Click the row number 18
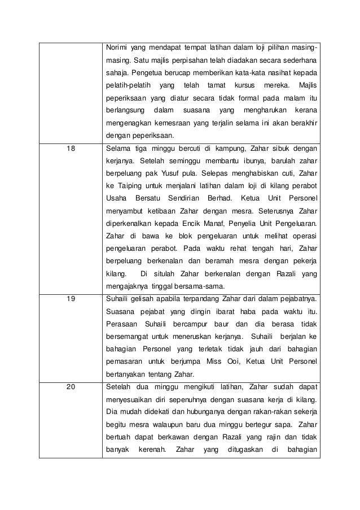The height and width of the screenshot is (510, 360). click(x=70, y=148)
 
